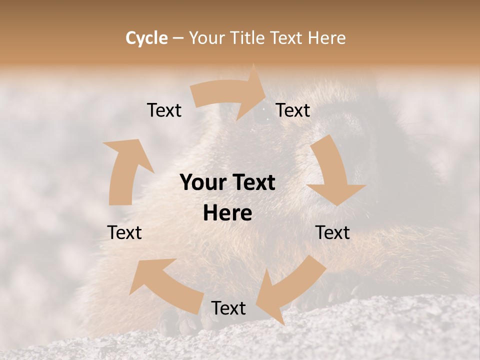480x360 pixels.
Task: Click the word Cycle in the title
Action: pos(146,38)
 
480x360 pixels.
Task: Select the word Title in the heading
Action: pos(248,38)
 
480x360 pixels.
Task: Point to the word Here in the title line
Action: pos(325,38)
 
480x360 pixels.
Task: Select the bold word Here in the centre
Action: pos(227,213)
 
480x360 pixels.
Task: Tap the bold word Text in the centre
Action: pos(252,183)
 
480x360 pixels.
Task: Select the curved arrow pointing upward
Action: pos(125,170)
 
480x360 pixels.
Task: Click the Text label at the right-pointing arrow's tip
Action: pos(293,110)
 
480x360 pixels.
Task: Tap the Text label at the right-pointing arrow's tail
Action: pos(164,110)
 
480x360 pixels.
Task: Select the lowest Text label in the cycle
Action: pos(228,308)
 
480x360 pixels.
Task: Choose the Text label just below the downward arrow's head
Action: pos(332,232)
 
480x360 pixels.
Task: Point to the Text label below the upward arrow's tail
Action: pos(124,232)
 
